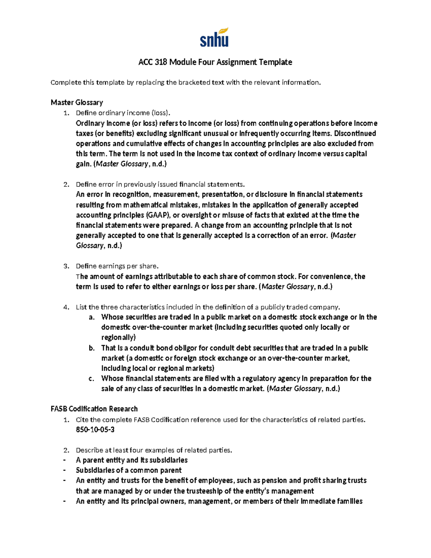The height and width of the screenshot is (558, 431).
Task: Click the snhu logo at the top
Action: coord(214,37)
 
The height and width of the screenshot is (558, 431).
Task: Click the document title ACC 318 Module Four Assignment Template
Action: coord(215,62)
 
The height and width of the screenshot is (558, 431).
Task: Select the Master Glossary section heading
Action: coord(77,102)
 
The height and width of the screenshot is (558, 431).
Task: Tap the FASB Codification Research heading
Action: coord(94,409)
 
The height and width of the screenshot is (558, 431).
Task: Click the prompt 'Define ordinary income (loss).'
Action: coord(122,113)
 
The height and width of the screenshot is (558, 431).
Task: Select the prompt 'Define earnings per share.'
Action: coord(117,266)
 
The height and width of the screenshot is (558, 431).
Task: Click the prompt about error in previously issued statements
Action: coord(160,184)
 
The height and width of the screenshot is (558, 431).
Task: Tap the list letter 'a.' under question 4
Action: coord(92,317)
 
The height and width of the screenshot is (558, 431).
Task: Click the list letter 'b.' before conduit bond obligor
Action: coord(92,348)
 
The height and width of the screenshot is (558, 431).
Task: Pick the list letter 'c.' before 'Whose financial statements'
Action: coord(92,379)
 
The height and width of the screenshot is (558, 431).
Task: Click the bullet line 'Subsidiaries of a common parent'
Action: coord(129,470)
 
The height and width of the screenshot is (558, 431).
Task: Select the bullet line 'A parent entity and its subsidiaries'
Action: coord(131,460)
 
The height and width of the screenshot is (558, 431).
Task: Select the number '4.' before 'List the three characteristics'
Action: coord(66,307)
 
